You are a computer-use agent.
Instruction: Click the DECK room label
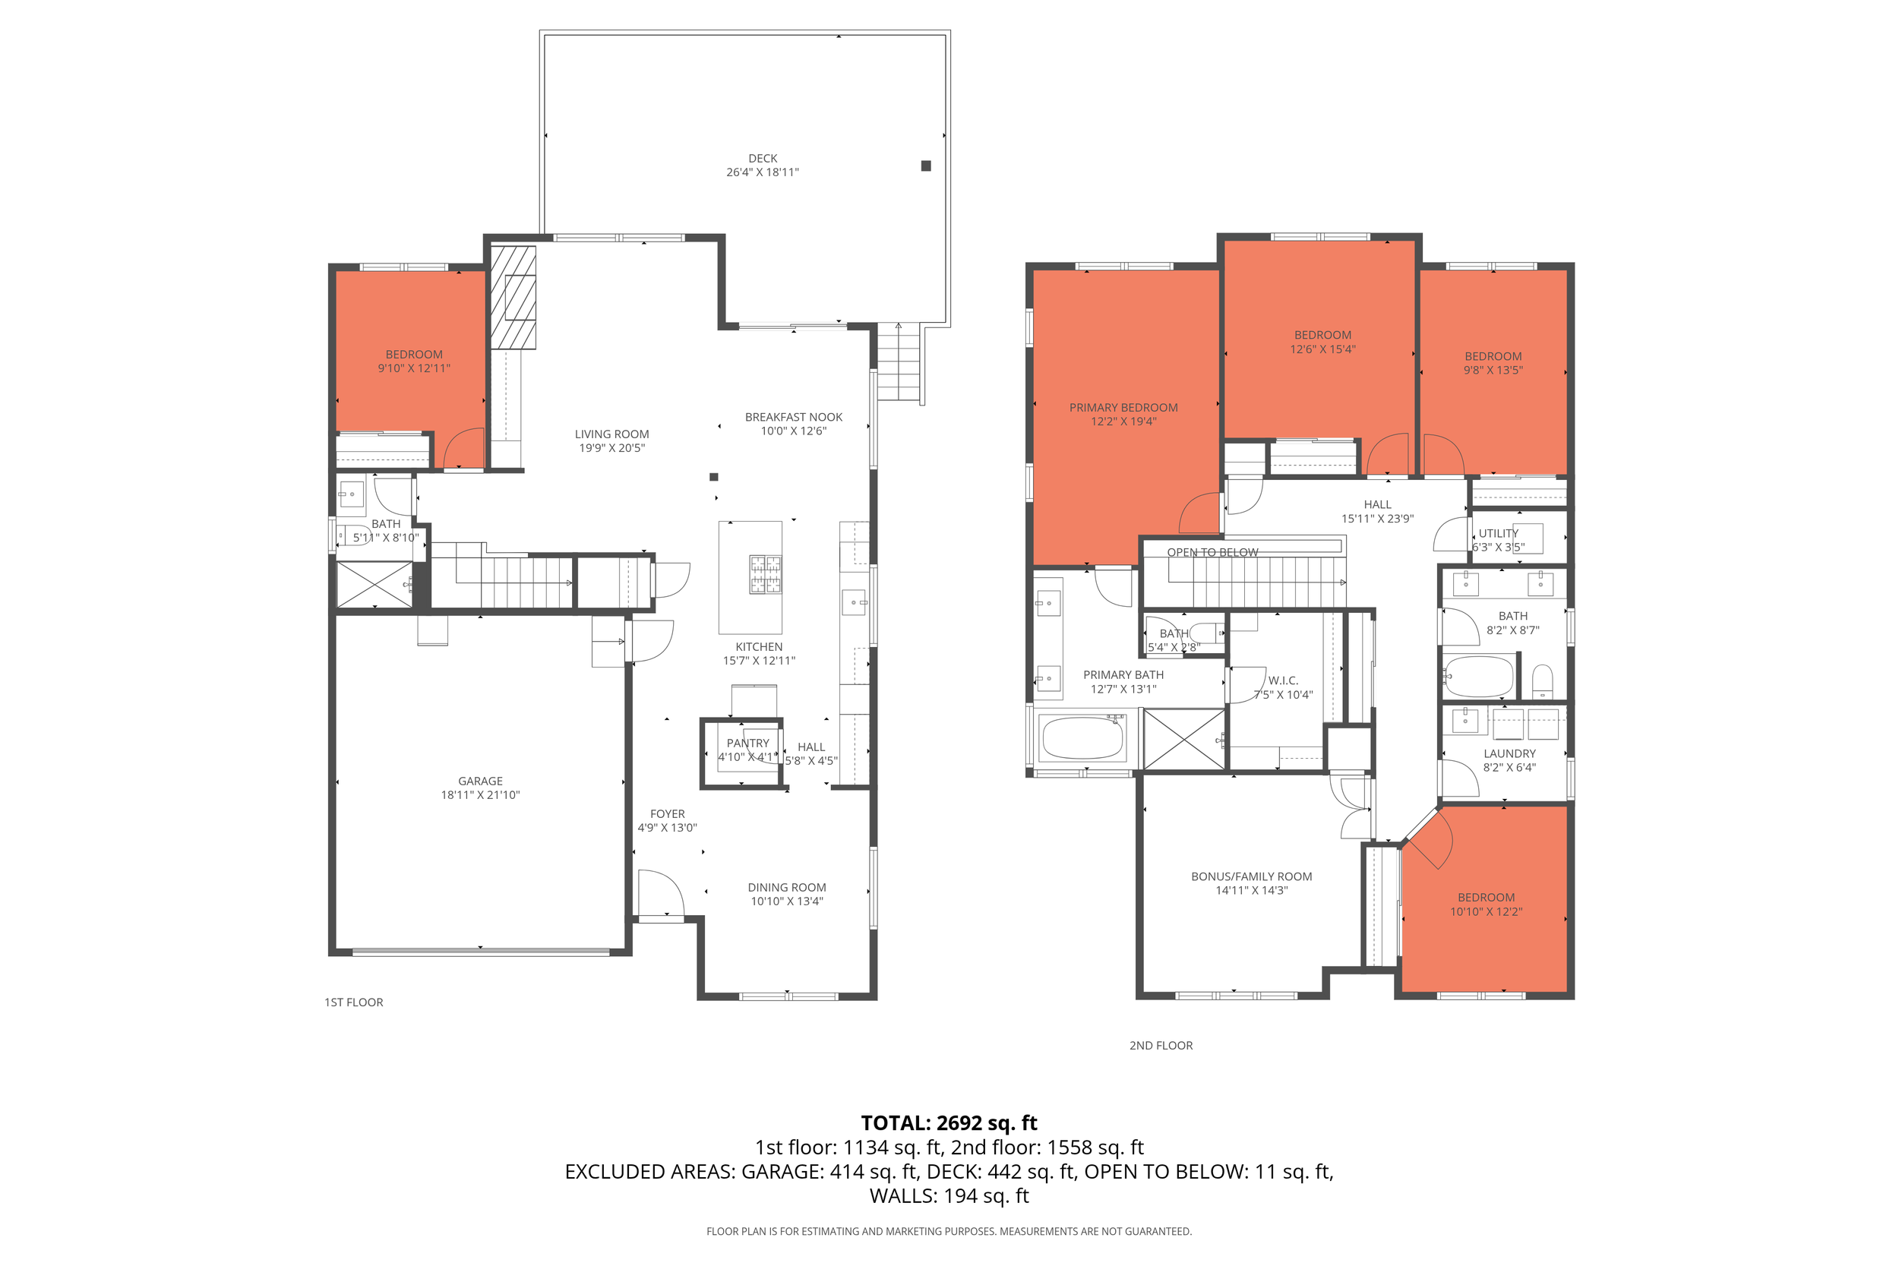click(x=762, y=158)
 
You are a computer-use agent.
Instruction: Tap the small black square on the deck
click(x=926, y=166)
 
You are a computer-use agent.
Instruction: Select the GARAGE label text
click(x=480, y=781)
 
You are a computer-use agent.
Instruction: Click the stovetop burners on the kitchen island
click(x=766, y=574)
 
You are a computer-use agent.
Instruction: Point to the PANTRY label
click(x=747, y=743)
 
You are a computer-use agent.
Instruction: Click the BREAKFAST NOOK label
click(x=794, y=417)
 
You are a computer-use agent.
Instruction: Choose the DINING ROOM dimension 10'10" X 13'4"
click(x=787, y=901)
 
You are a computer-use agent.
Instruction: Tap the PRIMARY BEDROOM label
click(x=1123, y=408)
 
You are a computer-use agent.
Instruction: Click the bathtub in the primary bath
click(x=1082, y=738)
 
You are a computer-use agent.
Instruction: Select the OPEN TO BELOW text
click(x=1213, y=552)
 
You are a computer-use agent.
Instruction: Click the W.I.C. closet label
click(x=1283, y=680)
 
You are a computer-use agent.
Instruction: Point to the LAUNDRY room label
click(x=1509, y=753)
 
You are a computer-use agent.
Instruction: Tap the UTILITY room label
click(x=1499, y=533)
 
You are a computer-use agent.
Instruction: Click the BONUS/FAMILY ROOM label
click(x=1252, y=876)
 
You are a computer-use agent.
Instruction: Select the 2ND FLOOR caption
click(x=1161, y=1045)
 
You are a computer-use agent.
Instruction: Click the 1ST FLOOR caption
click(x=354, y=1002)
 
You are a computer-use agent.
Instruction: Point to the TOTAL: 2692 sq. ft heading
click(x=949, y=1122)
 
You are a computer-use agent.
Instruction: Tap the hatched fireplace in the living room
click(x=513, y=298)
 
